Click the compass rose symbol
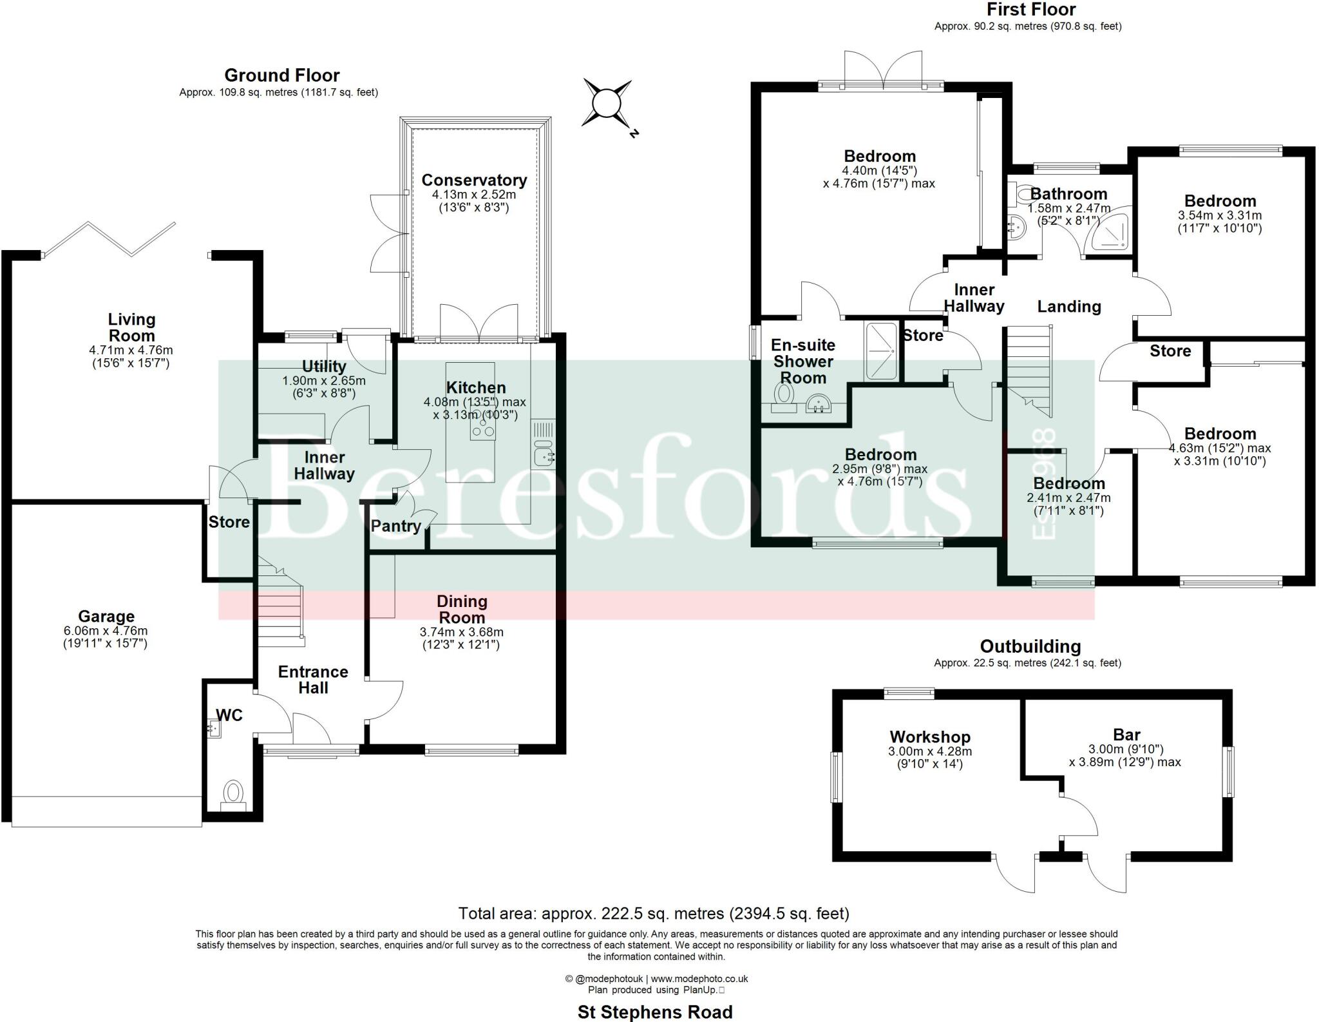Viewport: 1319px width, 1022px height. (x=606, y=102)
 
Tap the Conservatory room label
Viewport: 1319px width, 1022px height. (x=474, y=180)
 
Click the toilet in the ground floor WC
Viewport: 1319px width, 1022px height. (x=233, y=793)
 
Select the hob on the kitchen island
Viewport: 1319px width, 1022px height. (x=482, y=423)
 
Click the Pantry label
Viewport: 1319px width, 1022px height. (x=395, y=526)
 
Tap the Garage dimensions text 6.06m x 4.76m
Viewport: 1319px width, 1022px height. (x=106, y=631)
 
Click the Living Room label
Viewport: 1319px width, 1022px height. (x=131, y=327)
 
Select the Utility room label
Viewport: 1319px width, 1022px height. (x=324, y=367)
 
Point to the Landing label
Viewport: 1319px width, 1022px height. (x=1068, y=307)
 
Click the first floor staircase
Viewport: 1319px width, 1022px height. (x=1029, y=371)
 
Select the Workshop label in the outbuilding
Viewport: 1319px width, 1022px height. (x=929, y=737)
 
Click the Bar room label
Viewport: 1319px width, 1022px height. (x=1126, y=735)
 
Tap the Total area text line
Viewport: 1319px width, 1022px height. (x=654, y=913)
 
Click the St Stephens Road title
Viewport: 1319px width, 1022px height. (x=655, y=1012)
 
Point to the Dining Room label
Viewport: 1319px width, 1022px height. (x=462, y=609)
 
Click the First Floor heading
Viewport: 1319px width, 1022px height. (x=1030, y=10)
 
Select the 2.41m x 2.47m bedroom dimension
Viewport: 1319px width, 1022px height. (x=1068, y=498)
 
